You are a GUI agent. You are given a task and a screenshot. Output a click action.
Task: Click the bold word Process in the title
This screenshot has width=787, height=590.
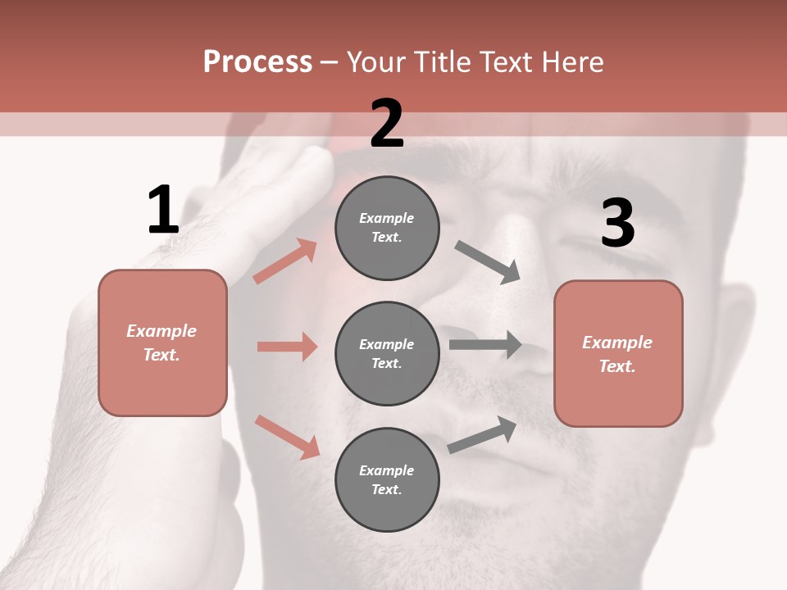pyautogui.click(x=257, y=61)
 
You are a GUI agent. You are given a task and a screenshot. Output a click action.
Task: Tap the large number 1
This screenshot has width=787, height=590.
pyautogui.click(x=163, y=211)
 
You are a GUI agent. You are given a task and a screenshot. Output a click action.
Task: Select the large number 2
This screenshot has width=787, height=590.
pyautogui.click(x=387, y=124)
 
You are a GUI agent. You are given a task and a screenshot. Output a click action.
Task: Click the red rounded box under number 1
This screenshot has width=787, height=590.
pyautogui.click(x=162, y=343)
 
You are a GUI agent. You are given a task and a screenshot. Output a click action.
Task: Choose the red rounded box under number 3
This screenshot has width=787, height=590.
pyautogui.click(x=618, y=354)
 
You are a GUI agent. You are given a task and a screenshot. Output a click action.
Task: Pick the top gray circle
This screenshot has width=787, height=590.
pyautogui.click(x=387, y=228)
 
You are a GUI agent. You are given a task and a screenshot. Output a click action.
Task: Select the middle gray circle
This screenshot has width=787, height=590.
pyautogui.click(x=387, y=353)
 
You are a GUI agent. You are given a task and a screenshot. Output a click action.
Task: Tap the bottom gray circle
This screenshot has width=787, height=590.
pyautogui.click(x=387, y=479)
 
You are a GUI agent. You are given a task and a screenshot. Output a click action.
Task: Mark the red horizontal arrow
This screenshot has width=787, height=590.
pyautogui.click(x=287, y=347)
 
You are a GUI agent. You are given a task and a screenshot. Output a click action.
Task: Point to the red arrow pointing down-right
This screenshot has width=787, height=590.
pyautogui.click(x=288, y=436)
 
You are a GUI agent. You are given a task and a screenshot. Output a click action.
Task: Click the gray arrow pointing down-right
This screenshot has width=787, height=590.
pyautogui.click(x=488, y=262)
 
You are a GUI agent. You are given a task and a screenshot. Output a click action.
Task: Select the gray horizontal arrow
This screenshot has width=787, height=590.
pyautogui.click(x=485, y=344)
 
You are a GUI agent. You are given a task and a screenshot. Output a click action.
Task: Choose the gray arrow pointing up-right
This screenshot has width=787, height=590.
pyautogui.click(x=483, y=435)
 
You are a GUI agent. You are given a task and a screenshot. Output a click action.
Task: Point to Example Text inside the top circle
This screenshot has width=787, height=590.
pyautogui.click(x=387, y=228)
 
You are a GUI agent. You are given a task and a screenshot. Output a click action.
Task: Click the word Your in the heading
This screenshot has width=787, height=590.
pyautogui.click(x=378, y=61)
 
